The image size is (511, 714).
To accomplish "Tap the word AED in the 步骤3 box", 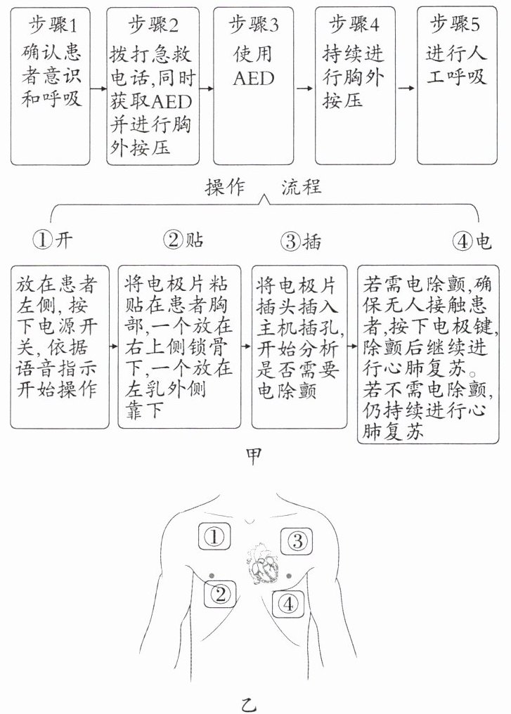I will tap(254, 77).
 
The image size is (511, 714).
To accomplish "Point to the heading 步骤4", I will tap(355, 25).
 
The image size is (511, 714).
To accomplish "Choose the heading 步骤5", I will tap(457, 25).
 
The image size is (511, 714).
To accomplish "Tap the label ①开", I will tap(53, 240).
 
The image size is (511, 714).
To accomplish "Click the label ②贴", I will tap(183, 240).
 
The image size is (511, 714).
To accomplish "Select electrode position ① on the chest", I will tap(217, 538).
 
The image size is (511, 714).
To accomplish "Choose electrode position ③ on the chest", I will tap(297, 540).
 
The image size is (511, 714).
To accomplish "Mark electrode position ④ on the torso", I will tap(290, 602).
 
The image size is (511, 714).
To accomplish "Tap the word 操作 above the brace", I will tap(224, 187).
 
